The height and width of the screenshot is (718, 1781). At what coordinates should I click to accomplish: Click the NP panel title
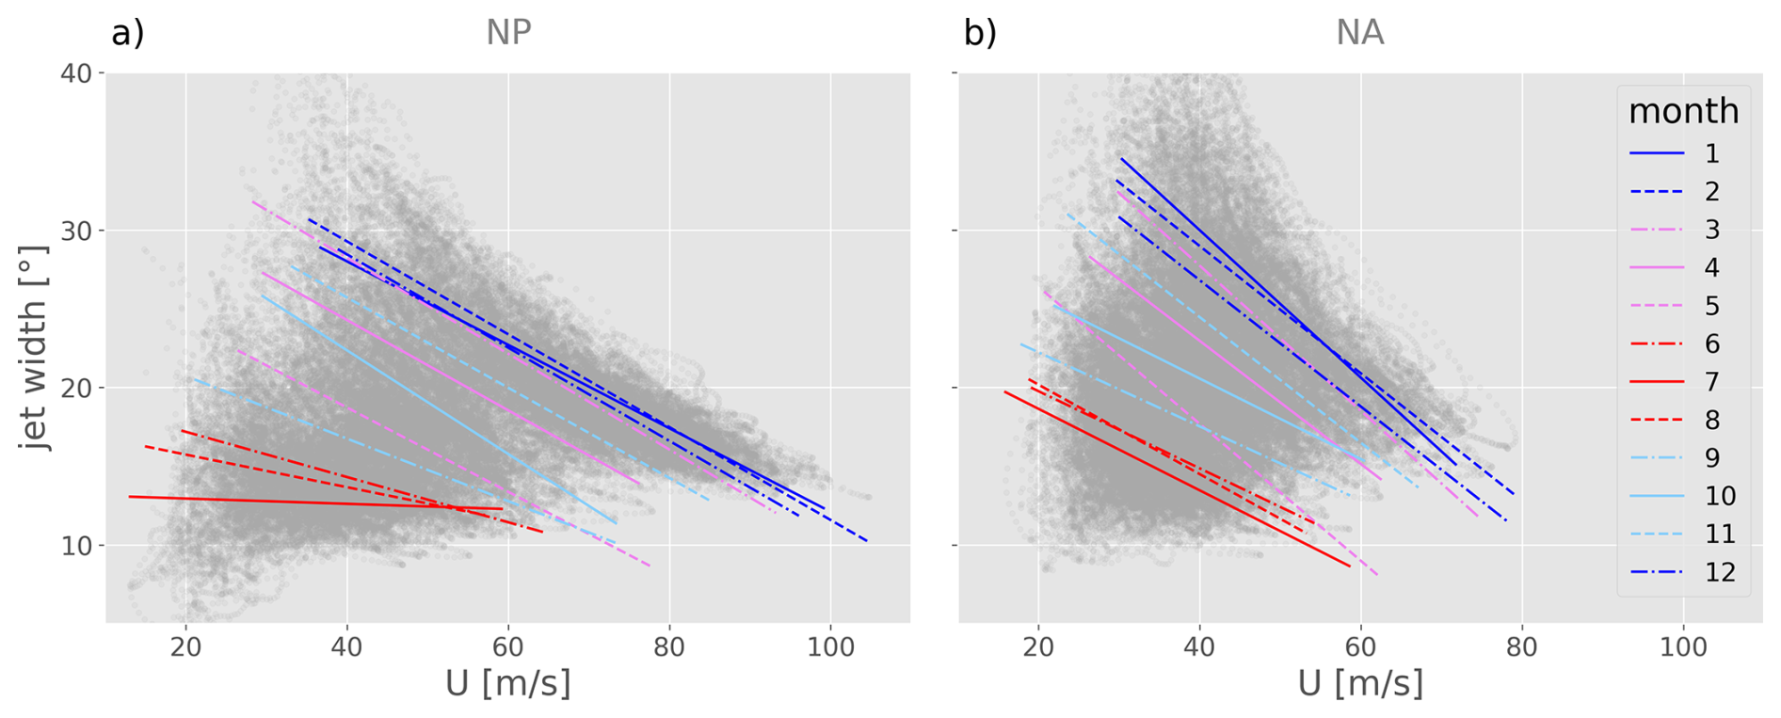(x=508, y=33)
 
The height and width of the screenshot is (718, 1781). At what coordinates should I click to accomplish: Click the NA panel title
(x=1359, y=33)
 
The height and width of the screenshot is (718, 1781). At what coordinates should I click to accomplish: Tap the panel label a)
(x=128, y=33)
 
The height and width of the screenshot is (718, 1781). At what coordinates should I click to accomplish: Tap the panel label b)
(x=980, y=33)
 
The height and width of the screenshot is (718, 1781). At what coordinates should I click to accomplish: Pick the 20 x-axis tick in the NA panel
(x=1038, y=647)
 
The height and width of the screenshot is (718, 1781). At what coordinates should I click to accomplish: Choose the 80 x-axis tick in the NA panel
(x=1521, y=647)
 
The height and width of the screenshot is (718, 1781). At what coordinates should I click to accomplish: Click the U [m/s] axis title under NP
(x=508, y=684)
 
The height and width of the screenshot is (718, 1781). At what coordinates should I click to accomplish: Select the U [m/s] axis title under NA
(x=1359, y=684)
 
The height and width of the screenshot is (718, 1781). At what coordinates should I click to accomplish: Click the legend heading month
(x=1683, y=111)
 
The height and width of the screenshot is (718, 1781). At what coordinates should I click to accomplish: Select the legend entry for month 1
(x=1685, y=153)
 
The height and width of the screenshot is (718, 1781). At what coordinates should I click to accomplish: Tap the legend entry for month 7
(x=1685, y=382)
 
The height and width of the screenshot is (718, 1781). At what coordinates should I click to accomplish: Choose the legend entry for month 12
(x=1685, y=572)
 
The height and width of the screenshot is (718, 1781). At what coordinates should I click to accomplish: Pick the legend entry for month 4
(x=1685, y=268)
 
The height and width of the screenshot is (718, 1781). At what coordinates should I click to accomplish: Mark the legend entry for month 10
(x=1685, y=496)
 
